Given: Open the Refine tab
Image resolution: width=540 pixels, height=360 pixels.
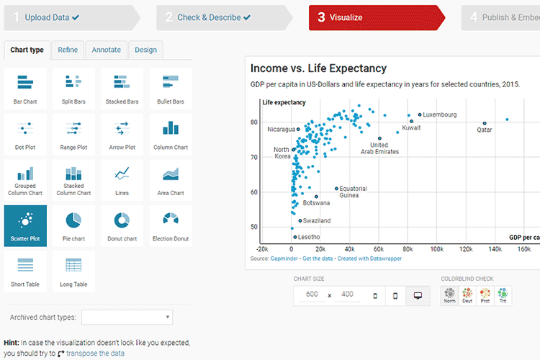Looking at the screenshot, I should [x=68, y=50].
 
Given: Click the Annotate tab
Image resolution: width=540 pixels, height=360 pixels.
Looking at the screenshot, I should [x=107, y=50].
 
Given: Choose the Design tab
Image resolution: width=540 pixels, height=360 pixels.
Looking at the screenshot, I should [x=145, y=50].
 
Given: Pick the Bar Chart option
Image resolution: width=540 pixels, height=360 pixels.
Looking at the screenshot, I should [x=25, y=89].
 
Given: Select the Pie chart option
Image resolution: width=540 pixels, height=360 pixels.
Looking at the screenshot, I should [x=73, y=225].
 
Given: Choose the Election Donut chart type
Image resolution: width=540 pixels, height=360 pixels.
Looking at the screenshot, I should [x=171, y=225].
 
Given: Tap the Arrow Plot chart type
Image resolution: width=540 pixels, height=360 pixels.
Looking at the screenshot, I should [x=122, y=134].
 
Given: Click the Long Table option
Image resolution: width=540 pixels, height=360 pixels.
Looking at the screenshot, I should [x=73, y=271].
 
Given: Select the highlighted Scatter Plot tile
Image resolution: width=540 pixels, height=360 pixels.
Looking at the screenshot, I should [x=25, y=225].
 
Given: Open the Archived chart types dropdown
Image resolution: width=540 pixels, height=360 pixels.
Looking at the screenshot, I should [x=127, y=318].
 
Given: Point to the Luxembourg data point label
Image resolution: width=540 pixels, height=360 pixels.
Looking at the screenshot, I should [x=439, y=114].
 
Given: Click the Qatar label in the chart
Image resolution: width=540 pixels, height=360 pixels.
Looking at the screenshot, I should [x=485, y=130].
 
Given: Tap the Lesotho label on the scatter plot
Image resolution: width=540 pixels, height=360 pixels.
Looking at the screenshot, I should [x=310, y=237].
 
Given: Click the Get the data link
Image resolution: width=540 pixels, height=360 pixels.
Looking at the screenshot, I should [x=318, y=258].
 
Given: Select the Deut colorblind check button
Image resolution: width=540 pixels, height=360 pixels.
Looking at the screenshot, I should [x=468, y=294].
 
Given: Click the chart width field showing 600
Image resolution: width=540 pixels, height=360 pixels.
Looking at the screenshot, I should [x=312, y=294].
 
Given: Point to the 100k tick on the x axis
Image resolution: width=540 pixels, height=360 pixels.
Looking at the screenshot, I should [x=436, y=249].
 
